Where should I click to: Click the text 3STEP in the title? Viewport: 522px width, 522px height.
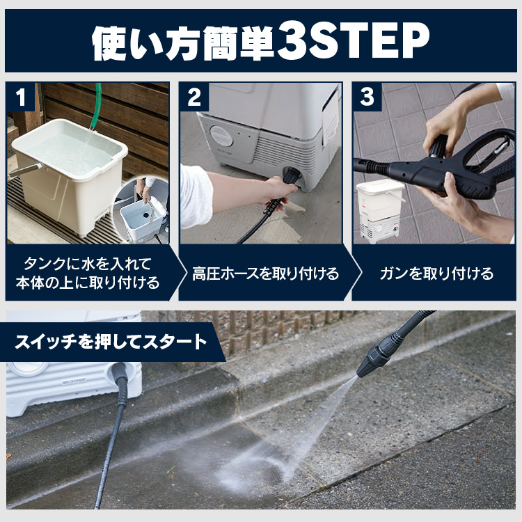(352, 43)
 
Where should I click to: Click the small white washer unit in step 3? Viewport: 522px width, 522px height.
(380, 209)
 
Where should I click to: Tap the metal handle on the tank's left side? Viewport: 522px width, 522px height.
(25, 169)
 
